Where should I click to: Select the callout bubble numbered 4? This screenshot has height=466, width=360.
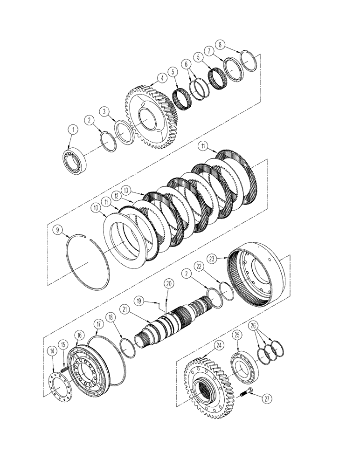(x=161, y=78)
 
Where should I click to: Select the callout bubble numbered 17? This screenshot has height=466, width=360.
(x=98, y=322)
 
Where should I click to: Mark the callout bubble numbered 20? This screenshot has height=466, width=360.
(x=168, y=283)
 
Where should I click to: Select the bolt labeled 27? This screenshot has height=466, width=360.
(x=246, y=395)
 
